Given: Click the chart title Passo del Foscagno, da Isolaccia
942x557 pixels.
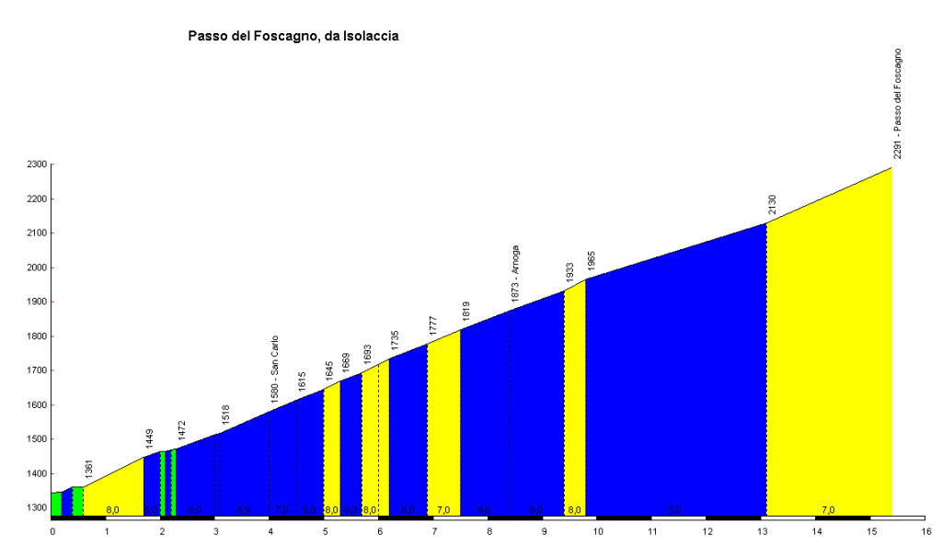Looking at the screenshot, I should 293,36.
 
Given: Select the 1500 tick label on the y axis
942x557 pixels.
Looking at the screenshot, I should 37,439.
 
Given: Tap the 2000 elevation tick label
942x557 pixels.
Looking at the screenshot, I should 37,267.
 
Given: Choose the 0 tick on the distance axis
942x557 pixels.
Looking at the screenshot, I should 52,531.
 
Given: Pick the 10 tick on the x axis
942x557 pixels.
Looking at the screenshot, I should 598,531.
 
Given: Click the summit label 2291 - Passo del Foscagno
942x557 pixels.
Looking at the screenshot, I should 898,104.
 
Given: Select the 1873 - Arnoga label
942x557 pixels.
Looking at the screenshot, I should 515,273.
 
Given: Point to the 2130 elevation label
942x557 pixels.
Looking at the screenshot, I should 773,204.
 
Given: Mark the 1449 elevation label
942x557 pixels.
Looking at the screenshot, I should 149,438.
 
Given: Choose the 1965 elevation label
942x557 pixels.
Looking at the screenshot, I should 592,260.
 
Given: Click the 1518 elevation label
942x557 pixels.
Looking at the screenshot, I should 225,415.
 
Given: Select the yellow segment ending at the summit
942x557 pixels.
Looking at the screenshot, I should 828,368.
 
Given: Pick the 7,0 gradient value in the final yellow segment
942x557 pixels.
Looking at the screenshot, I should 828,509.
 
